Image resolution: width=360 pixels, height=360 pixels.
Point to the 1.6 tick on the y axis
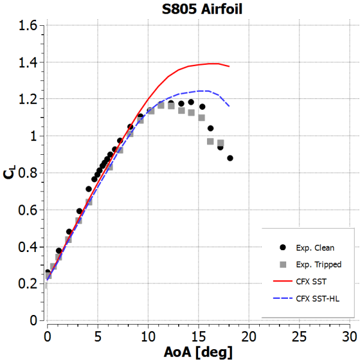(x=28, y=25)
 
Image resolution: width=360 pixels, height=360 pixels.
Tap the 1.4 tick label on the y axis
(x=28, y=62)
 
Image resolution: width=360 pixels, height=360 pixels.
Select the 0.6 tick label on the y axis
(x=28, y=210)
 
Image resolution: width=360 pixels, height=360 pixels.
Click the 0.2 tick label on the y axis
(x=28, y=284)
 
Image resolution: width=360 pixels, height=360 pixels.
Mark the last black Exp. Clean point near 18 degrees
(x=230, y=158)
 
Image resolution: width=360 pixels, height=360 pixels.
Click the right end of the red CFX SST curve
(x=229, y=67)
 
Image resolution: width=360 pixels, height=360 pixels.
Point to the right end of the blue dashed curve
(x=229, y=106)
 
